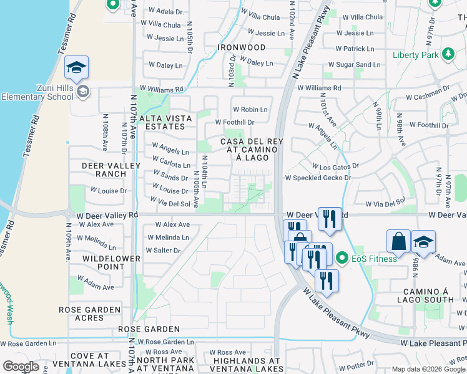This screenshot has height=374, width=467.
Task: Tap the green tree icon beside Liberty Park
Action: (x=447, y=55)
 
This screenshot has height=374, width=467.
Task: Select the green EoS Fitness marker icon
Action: (x=342, y=257)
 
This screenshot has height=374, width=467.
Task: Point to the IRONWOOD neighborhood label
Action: (x=241, y=47)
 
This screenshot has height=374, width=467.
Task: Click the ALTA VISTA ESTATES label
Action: (x=162, y=122)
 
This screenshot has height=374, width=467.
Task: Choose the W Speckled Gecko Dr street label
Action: (x=318, y=178)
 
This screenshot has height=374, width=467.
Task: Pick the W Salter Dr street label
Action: (x=163, y=251)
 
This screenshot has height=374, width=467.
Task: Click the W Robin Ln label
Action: (x=250, y=109)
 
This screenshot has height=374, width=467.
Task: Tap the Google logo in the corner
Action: (x=21, y=367)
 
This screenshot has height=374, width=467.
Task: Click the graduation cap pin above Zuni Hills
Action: (x=76, y=69)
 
